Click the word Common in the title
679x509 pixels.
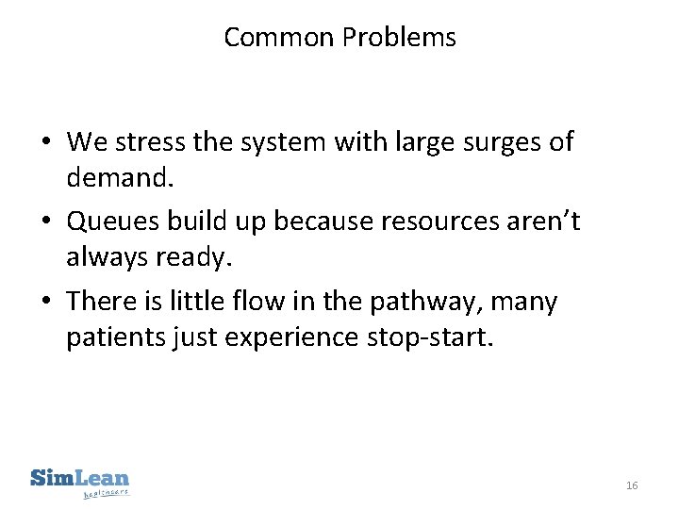[x=279, y=38]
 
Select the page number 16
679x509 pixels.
[x=632, y=485]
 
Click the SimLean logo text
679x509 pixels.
[x=80, y=477]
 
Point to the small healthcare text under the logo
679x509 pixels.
[x=106, y=492]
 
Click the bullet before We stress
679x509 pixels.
[x=45, y=143]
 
